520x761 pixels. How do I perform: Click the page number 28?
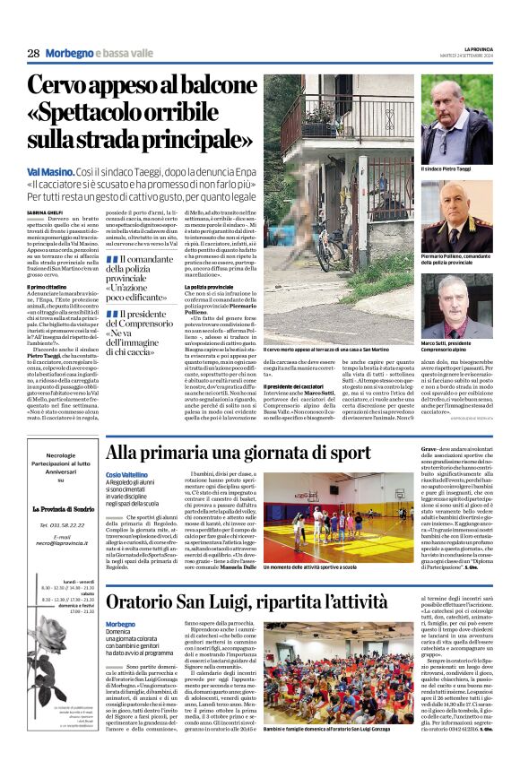tap(33, 54)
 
